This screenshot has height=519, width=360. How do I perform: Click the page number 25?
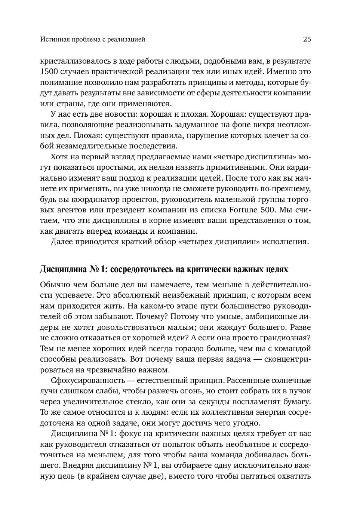click(307, 39)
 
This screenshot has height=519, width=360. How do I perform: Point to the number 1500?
click(49, 72)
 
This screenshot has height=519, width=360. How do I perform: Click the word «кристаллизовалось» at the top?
click(72, 61)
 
